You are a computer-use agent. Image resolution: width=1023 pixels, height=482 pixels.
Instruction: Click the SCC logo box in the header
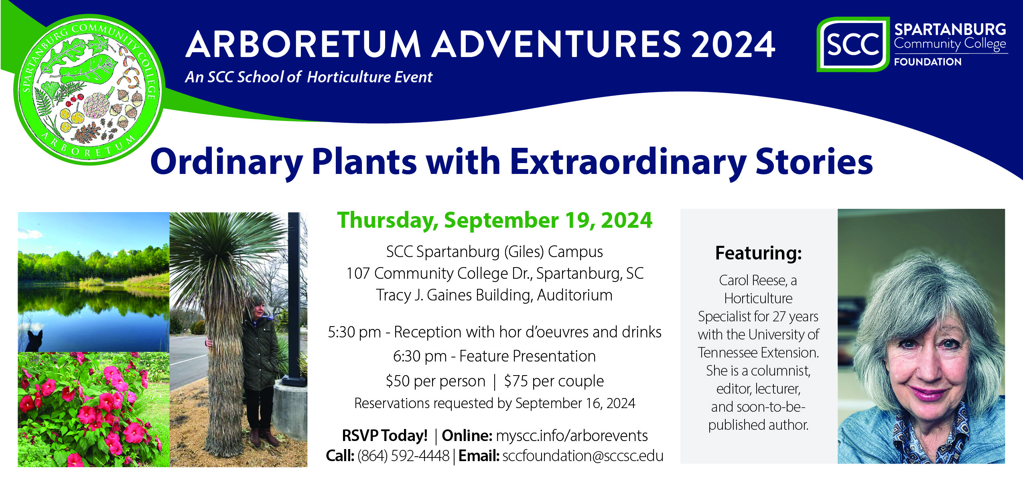coord(852,44)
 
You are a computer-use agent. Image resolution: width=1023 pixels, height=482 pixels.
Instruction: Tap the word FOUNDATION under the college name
coord(928,62)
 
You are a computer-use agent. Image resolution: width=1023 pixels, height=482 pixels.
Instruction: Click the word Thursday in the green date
coord(387,221)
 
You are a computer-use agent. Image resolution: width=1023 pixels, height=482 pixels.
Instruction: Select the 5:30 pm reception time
coord(354,332)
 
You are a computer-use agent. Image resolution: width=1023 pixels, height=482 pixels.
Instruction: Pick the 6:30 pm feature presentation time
coord(419,356)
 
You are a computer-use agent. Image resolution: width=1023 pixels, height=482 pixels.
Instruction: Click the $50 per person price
coord(435,381)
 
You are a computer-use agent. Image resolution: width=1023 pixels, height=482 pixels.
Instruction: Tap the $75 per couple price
coord(554,381)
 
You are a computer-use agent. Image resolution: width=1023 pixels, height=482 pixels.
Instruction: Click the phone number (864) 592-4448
coord(403,456)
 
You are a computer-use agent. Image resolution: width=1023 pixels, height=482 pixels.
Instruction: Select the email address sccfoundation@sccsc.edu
coord(583,456)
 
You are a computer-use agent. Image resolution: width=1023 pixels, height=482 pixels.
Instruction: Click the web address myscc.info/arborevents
coord(572,435)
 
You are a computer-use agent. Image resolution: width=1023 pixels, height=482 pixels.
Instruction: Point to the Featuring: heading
coord(758,253)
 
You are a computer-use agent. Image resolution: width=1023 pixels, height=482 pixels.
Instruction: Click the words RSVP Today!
coord(384,435)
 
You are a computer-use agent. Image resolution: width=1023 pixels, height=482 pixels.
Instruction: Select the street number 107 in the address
coord(358,274)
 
